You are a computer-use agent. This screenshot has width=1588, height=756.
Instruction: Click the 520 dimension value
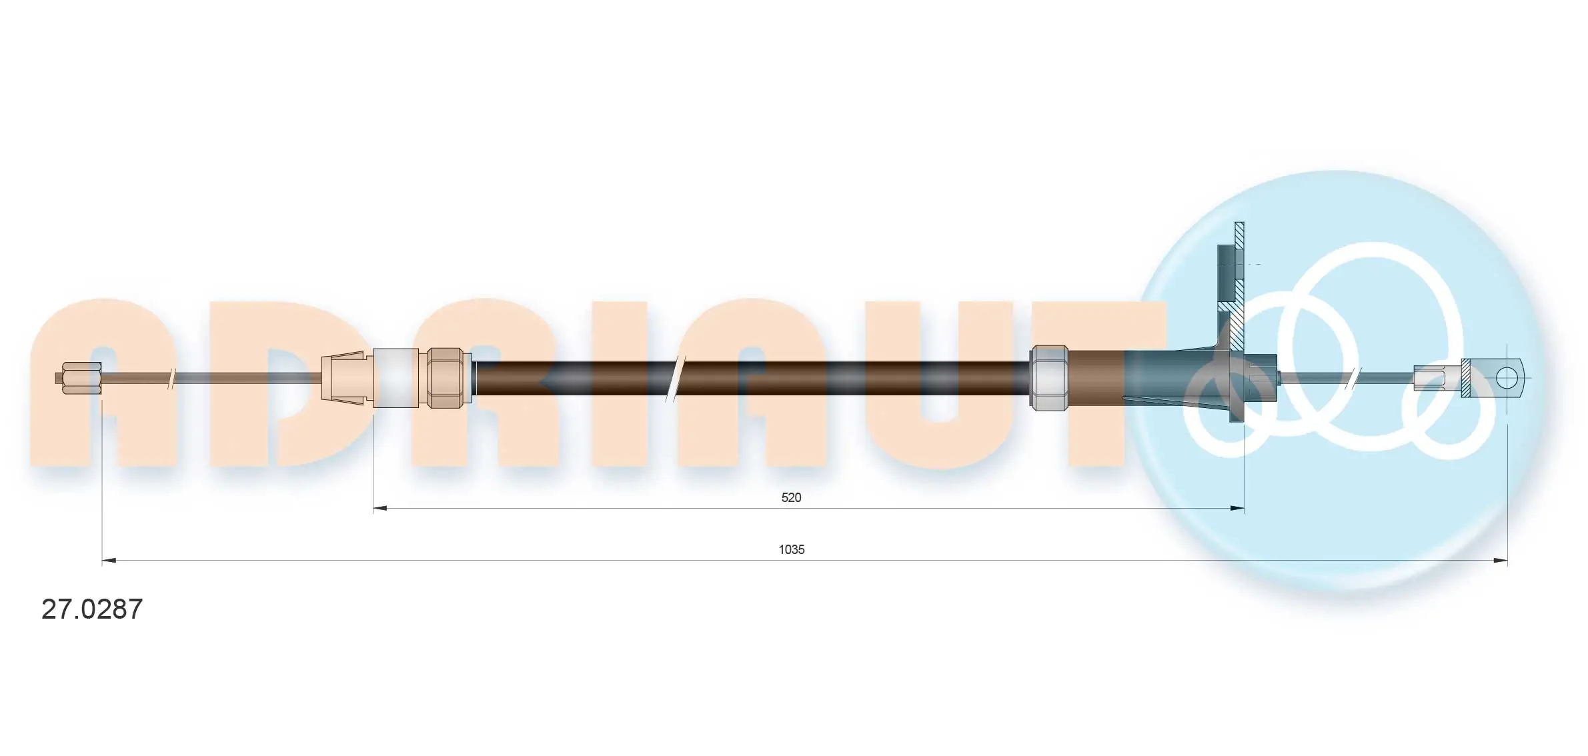coord(791,497)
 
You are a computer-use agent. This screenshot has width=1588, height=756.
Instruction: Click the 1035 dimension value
coord(791,549)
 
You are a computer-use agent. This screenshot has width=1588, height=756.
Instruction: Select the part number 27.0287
coord(92,609)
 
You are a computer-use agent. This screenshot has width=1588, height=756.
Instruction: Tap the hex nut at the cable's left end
coord(81,378)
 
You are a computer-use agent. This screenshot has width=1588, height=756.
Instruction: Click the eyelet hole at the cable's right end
coord(1505,378)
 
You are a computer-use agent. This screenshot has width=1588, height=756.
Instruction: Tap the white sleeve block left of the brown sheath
coord(395,377)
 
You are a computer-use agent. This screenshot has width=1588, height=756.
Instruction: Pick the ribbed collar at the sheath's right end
coord(1049,377)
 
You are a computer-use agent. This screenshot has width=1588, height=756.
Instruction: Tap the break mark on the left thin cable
coord(172,378)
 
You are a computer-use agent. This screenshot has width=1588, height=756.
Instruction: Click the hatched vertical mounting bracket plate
coord(1239,280)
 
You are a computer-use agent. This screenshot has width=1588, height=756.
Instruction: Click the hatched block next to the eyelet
coord(1467,378)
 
